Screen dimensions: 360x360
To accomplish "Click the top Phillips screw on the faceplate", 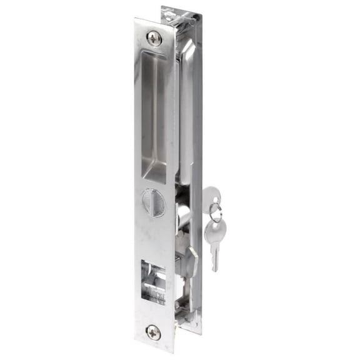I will (154, 37).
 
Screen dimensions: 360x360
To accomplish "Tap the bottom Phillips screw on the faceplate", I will (153, 332).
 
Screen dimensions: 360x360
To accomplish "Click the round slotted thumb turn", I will (151, 204).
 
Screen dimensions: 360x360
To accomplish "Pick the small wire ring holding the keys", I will (214, 215).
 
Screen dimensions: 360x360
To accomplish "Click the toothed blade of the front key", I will (214, 258).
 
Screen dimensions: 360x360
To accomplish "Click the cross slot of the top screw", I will (154, 37).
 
